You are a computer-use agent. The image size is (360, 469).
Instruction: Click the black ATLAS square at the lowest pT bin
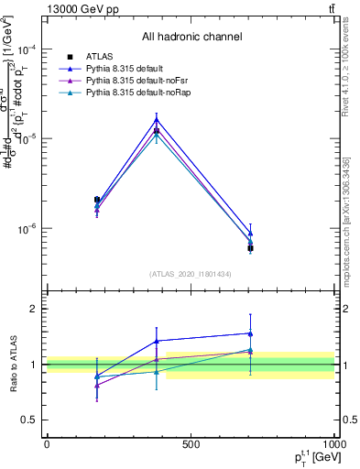(97, 200)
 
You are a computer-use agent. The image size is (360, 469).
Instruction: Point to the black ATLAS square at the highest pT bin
(250, 248)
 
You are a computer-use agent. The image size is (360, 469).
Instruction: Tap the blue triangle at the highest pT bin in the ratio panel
(250, 333)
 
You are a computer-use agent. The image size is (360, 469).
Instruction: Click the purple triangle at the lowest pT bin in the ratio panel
(97, 385)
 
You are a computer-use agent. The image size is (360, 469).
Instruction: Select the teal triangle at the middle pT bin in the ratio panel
(157, 371)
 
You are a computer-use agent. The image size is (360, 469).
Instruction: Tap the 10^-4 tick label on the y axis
(28, 49)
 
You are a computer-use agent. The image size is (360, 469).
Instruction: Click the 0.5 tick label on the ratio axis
(30, 420)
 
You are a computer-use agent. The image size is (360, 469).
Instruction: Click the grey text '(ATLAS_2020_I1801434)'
(191, 274)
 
